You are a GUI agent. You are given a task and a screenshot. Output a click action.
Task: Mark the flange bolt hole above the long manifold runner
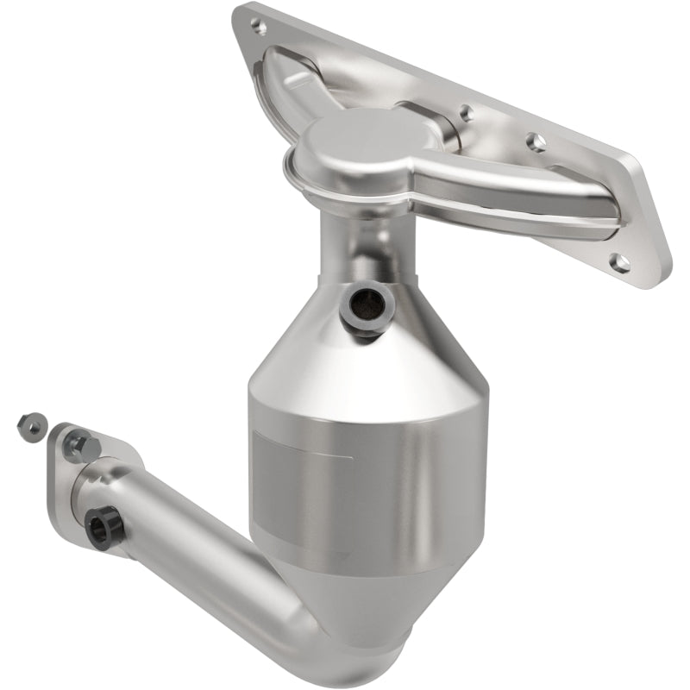pos(536,141)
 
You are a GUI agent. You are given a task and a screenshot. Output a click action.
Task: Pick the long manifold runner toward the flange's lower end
pos(517,194)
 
